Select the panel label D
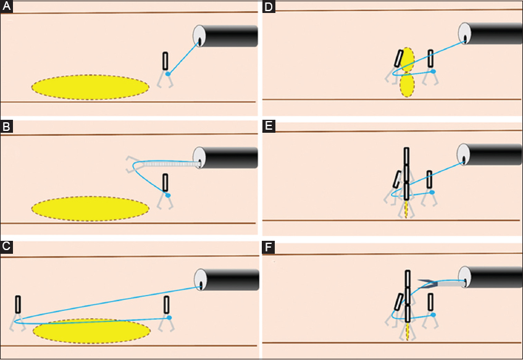(x=269, y=7)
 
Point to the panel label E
(x=269, y=127)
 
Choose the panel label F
(x=269, y=248)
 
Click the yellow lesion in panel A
(x=90, y=87)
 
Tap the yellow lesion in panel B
(x=90, y=208)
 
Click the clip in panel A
(x=165, y=61)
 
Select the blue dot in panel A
(x=168, y=74)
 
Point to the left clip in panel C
(x=18, y=304)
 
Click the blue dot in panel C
(x=168, y=317)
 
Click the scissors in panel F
(x=428, y=284)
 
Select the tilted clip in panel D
(x=399, y=59)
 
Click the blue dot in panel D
(x=433, y=72)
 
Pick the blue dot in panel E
(x=432, y=193)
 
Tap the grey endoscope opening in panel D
(x=464, y=33)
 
